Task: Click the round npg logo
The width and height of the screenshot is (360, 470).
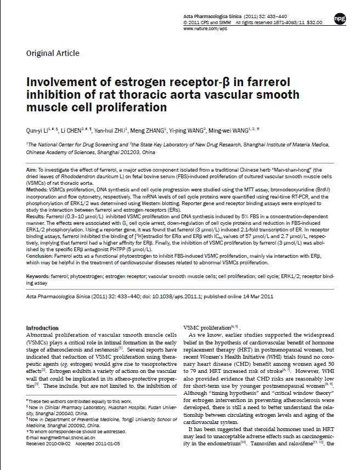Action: [341, 19]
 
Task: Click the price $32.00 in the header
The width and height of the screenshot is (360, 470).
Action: [314, 23]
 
